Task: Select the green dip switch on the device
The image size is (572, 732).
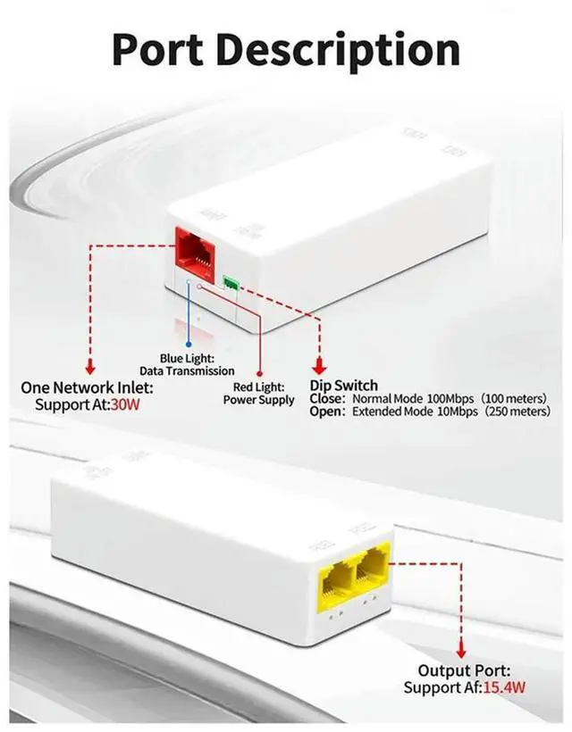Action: click(231, 284)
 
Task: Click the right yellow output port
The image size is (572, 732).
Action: click(372, 576)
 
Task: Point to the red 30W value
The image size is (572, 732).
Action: click(125, 404)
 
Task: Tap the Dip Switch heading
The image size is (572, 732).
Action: click(343, 386)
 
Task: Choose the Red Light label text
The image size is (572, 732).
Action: click(259, 387)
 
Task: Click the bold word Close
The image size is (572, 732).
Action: click(327, 398)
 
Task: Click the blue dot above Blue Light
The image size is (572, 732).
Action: click(188, 342)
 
